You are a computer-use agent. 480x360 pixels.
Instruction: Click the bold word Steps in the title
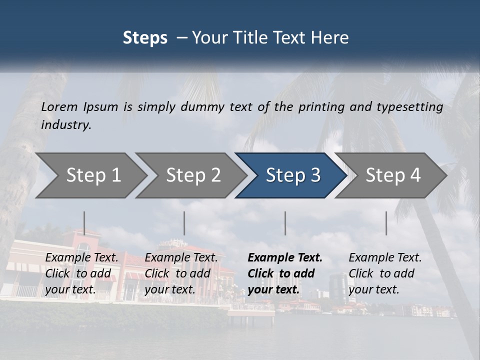point(145,38)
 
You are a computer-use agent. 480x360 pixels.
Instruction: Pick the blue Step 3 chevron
point(293,175)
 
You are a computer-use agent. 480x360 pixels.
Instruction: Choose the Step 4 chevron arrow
point(393,175)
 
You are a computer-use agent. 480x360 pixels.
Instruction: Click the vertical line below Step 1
point(84,223)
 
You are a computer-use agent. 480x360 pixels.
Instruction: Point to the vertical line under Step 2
point(184,223)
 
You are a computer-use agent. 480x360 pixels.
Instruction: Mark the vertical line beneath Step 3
point(285,223)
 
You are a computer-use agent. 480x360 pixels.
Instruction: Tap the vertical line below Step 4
point(386,223)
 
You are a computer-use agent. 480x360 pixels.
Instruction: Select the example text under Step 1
point(81,273)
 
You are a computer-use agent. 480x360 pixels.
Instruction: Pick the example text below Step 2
point(181,273)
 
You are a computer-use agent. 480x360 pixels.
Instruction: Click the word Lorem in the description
point(59,107)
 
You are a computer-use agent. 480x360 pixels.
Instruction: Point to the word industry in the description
point(66,125)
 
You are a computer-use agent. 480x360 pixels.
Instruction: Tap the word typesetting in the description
point(412,107)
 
